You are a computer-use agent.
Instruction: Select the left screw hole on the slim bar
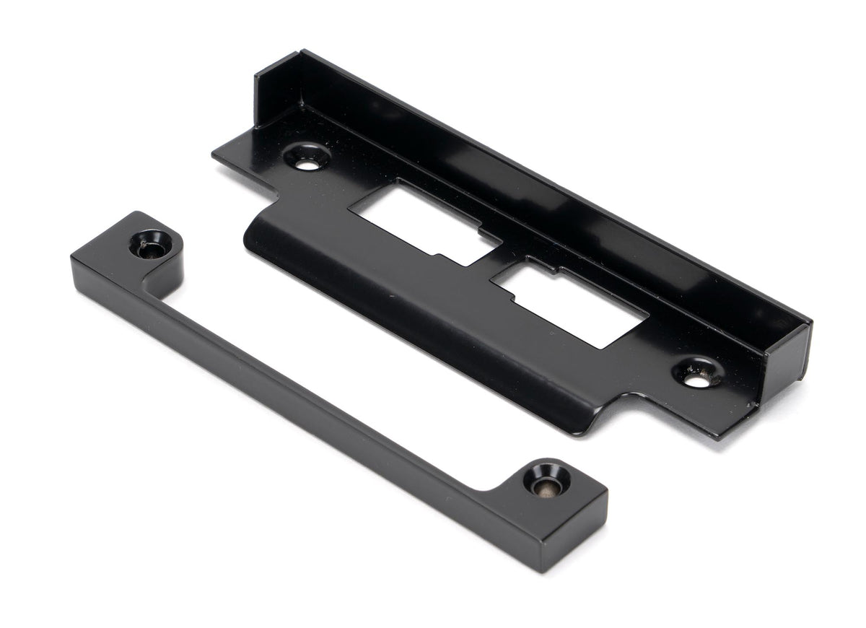point(150,245)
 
